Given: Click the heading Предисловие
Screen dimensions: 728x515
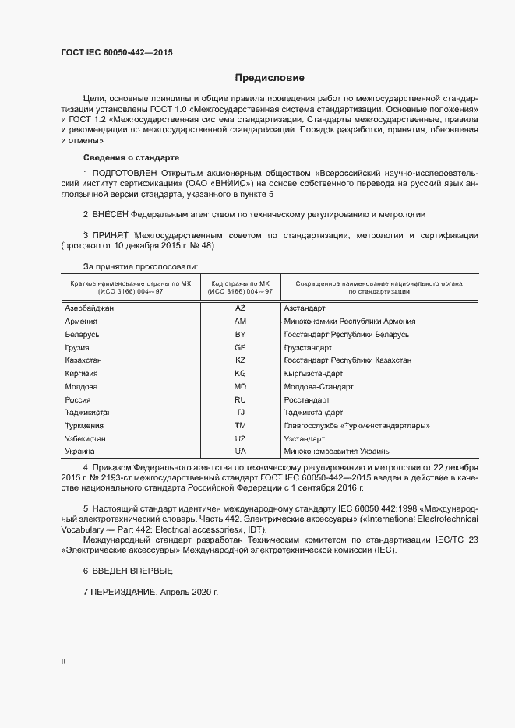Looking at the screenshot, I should [x=270, y=78].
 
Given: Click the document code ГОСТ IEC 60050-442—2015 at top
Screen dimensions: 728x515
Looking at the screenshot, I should [x=117, y=53].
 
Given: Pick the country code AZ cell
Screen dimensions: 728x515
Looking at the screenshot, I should [x=240, y=308].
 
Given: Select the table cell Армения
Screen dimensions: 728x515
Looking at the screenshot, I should [x=82, y=322].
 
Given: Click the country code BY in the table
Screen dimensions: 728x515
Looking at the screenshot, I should [x=240, y=334].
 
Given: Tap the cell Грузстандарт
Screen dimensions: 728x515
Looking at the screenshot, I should [x=308, y=347].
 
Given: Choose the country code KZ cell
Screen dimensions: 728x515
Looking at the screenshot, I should [x=240, y=360].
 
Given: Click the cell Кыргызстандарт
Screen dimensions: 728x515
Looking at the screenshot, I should [x=313, y=374].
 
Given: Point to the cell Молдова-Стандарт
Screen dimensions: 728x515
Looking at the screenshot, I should [x=319, y=386].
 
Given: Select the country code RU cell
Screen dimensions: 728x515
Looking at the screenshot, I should [x=240, y=399].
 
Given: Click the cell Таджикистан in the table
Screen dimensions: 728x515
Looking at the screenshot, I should [x=89, y=413].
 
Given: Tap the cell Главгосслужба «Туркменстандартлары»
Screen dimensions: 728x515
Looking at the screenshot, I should [x=357, y=426].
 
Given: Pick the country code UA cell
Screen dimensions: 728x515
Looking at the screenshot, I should [x=240, y=452].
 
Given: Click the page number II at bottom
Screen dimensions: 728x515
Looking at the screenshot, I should [x=64, y=661].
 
